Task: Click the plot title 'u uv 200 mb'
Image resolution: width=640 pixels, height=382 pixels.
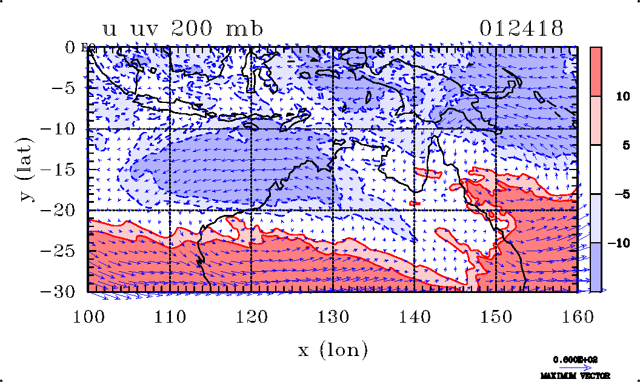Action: tap(182, 28)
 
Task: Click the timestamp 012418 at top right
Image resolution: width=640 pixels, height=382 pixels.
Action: tap(521, 28)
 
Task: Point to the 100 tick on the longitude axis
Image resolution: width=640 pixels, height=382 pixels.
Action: tap(88, 316)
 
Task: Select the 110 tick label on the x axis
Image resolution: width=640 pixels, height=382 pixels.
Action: tap(170, 316)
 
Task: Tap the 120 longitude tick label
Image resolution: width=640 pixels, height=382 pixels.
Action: tap(252, 316)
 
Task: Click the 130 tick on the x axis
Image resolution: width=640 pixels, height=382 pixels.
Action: tap(333, 316)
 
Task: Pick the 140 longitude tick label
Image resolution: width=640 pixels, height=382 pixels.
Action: tap(415, 316)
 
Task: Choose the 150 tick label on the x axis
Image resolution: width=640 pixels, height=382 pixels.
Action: tap(496, 316)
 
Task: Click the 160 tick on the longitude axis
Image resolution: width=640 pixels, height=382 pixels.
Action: tap(577, 316)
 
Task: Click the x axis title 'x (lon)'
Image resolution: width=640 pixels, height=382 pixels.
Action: tap(333, 349)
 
